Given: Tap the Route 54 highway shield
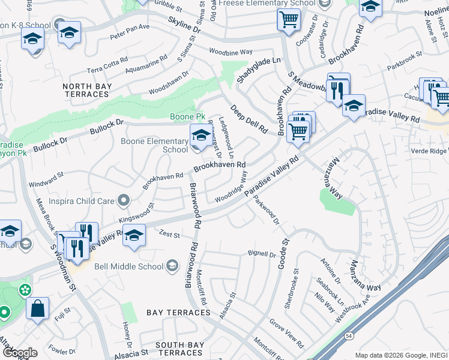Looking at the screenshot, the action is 349,337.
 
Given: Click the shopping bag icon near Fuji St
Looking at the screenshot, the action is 37,310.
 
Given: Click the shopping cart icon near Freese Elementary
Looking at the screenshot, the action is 289,20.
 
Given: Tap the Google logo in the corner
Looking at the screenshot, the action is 19,353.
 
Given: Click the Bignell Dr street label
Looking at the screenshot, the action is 261,253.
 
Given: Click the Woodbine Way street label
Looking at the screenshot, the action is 231,52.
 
